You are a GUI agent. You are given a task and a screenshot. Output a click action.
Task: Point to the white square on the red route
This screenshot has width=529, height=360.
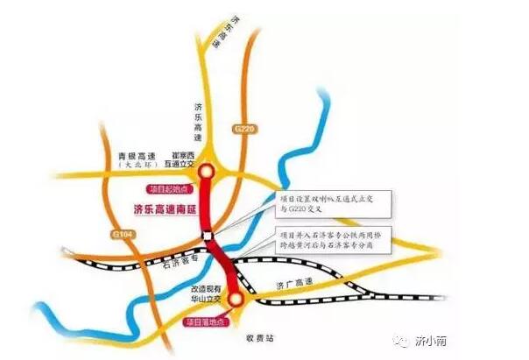coord(207,234)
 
